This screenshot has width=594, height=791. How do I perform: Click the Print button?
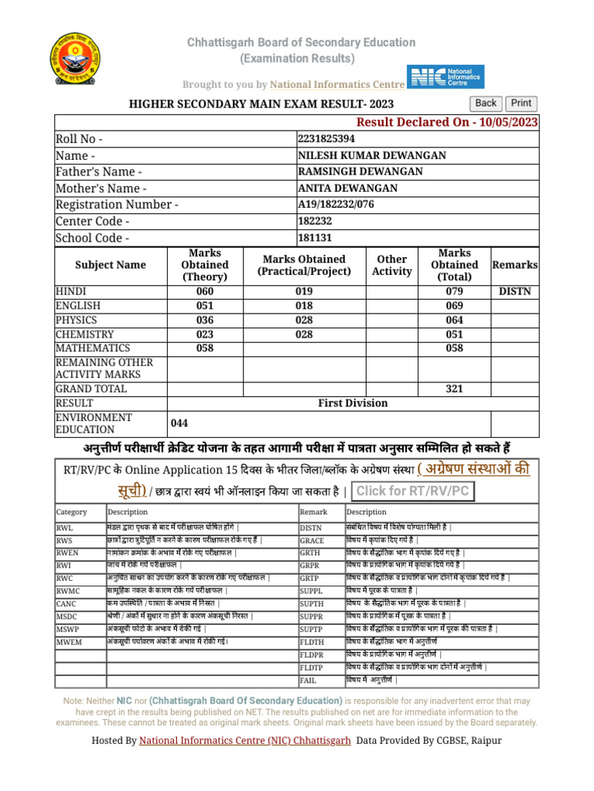click(521, 104)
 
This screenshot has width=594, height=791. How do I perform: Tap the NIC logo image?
click(446, 77)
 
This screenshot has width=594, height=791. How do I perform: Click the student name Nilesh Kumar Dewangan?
click(372, 155)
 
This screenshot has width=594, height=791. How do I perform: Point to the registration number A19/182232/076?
click(349, 204)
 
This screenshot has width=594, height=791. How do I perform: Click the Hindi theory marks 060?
click(204, 292)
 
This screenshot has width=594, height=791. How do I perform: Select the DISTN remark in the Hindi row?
click(514, 292)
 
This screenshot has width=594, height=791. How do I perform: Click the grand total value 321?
click(454, 389)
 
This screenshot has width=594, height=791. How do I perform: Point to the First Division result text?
click(353, 403)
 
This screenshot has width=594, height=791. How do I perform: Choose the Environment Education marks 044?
click(179, 423)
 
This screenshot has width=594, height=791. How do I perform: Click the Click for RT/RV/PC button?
click(411, 491)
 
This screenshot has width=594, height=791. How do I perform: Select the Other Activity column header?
click(392, 265)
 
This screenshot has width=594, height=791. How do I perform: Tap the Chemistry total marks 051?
click(454, 334)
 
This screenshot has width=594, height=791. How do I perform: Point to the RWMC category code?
click(67, 590)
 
